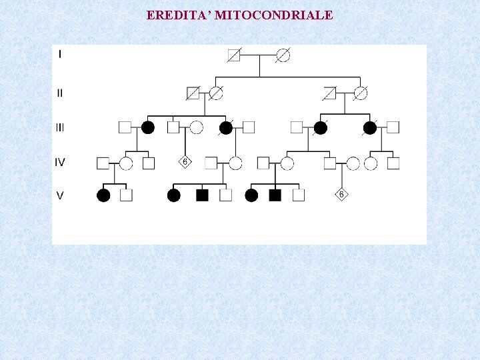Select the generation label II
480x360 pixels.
coord(60,93)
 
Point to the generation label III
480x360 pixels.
coord(60,127)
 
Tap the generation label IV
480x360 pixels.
coord(60,161)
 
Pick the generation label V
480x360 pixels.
coord(60,196)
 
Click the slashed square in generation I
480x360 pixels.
coord(234,56)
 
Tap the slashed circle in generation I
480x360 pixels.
coord(283,56)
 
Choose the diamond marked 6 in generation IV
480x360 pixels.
coord(185,162)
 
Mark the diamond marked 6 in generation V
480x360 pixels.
coord(342,195)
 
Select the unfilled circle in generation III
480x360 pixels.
coord(196,127)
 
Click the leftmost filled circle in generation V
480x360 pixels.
coord(103,195)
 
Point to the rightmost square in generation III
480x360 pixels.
coord(393,127)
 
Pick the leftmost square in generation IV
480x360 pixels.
coord(103,163)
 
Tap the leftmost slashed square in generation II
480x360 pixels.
coord(193,93)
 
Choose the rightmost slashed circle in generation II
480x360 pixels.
coord(361,93)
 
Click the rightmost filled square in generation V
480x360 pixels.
coord(274,195)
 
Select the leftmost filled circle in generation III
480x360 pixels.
coord(148,127)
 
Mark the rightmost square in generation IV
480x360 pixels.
coord(393,163)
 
